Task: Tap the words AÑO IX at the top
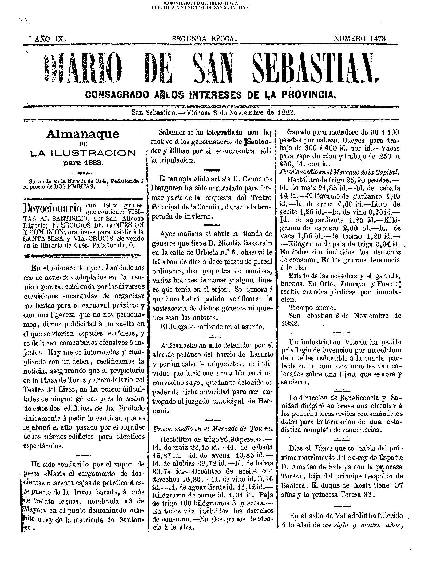click(50, 39)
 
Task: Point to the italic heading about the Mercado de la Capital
click(339, 172)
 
